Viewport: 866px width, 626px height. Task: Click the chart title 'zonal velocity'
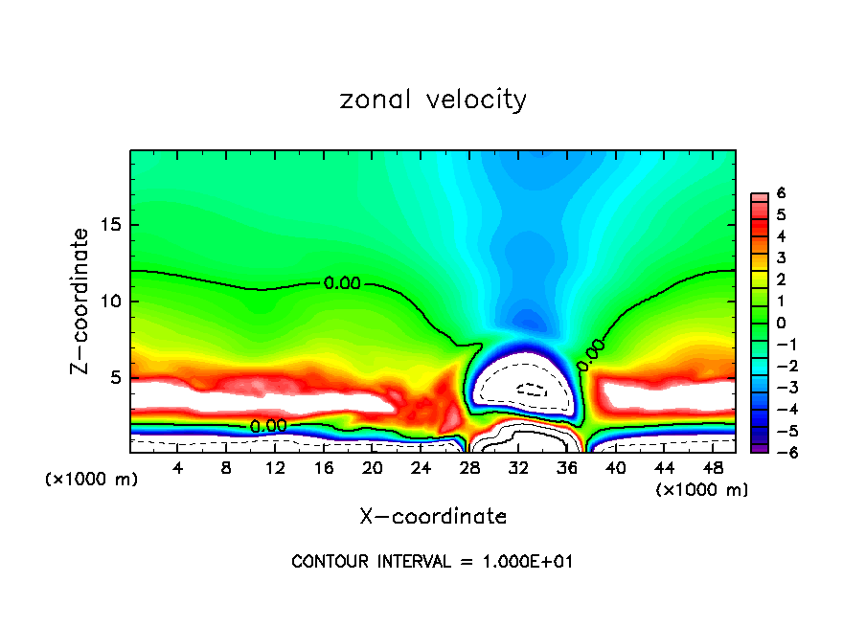433,100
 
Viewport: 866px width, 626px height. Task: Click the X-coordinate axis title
433,517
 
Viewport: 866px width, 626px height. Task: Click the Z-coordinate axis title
81,301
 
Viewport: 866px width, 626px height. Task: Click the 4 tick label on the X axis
178,467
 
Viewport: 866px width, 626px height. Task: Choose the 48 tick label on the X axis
712,467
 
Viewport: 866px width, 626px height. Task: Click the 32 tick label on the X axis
518,467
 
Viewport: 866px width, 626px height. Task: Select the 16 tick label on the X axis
324,467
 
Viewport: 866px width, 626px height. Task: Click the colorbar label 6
781,193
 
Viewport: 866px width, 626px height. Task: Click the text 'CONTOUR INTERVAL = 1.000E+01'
432,562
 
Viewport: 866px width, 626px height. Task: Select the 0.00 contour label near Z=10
342,282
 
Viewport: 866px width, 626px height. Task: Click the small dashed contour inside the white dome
530,390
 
